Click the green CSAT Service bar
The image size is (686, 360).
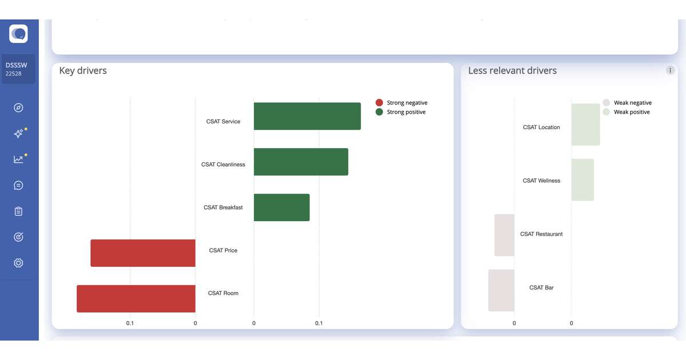(x=307, y=116)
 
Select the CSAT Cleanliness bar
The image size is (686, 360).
(x=301, y=162)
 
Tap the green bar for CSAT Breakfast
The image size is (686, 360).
(x=281, y=207)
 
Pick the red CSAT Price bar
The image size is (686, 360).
(x=143, y=253)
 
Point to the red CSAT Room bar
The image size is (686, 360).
(x=136, y=298)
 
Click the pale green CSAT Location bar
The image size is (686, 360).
(x=585, y=125)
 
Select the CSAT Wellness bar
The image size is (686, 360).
(x=583, y=180)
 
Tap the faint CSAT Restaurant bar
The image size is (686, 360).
(x=504, y=235)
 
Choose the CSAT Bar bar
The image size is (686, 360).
(x=501, y=290)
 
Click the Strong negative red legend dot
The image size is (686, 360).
(x=379, y=103)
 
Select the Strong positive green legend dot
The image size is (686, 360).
(x=379, y=112)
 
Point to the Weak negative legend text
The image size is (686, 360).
(x=632, y=103)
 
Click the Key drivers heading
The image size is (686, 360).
(x=83, y=70)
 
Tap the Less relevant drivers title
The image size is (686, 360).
(x=512, y=70)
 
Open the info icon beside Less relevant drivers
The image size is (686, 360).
(x=670, y=70)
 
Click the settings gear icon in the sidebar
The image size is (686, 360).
(x=18, y=263)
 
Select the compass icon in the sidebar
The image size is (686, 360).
(x=18, y=107)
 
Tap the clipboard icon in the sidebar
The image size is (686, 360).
(x=18, y=211)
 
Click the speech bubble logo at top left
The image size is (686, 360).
(x=18, y=34)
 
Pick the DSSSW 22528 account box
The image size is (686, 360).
(x=18, y=69)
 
